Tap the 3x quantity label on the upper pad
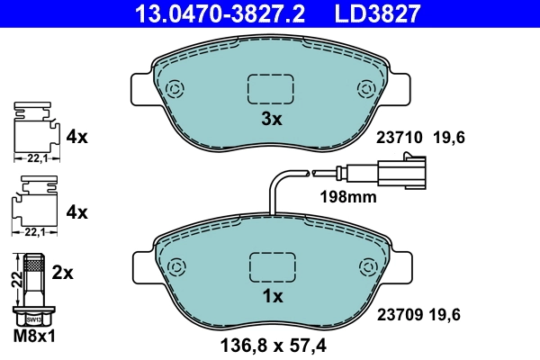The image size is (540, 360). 271,119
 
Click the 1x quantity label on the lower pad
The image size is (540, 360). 271,295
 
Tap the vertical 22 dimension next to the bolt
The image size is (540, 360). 14,279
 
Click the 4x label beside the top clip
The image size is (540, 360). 76,137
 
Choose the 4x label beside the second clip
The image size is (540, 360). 76,212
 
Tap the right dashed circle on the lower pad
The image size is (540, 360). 366,266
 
